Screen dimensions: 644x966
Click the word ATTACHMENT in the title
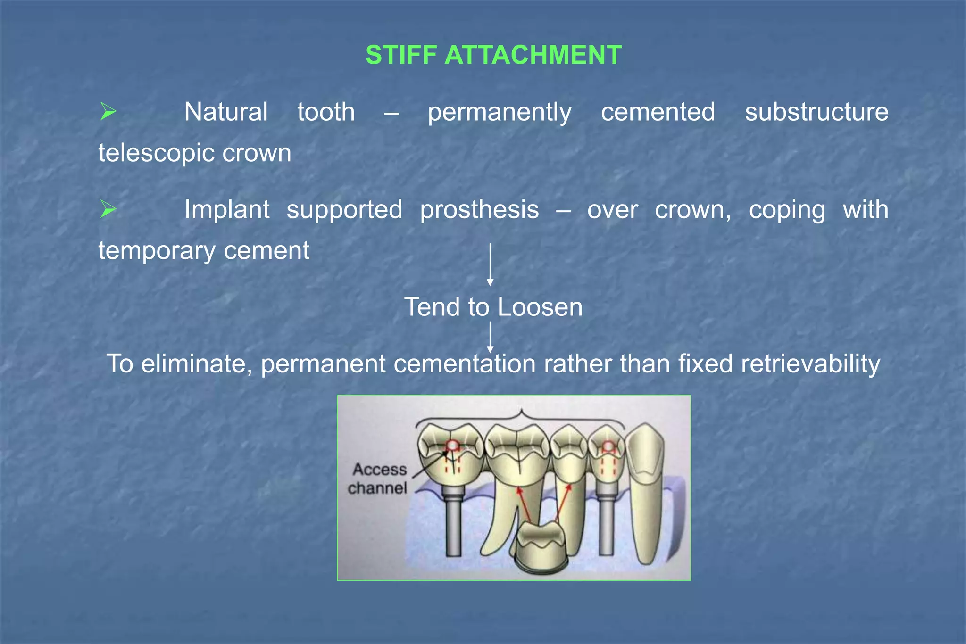pyautogui.click(x=533, y=55)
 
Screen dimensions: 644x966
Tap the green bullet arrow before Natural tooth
pyautogui.click(x=108, y=112)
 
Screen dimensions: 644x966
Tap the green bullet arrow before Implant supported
pyautogui.click(x=108, y=209)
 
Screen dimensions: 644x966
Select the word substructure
pyautogui.click(x=816, y=112)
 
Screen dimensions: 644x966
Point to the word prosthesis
pyautogui.click(x=479, y=210)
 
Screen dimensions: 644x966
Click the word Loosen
pyautogui.click(x=540, y=307)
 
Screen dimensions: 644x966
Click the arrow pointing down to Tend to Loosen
pyautogui.click(x=490, y=264)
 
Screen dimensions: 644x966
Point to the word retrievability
pyautogui.click(x=810, y=364)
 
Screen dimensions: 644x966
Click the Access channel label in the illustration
pyautogui.click(x=378, y=479)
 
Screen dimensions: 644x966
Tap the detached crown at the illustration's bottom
pyautogui.click(x=540, y=547)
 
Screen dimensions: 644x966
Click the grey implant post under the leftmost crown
pyautogui.click(x=453, y=523)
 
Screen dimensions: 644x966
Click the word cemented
pyautogui.click(x=658, y=112)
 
